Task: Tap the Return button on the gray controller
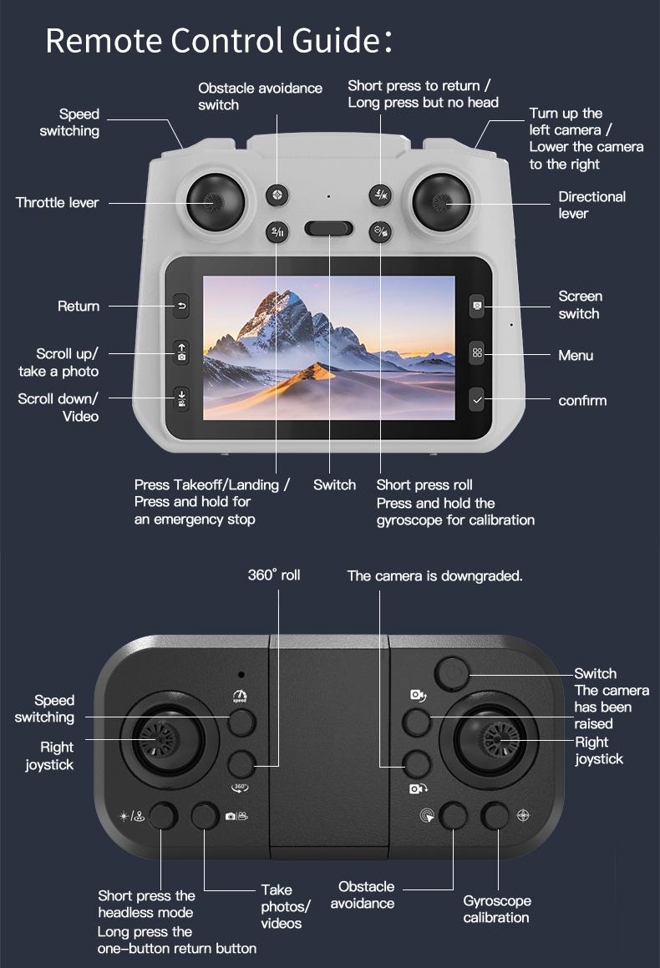pos(182,307)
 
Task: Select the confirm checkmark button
pos(477,400)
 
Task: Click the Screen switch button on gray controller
pos(477,306)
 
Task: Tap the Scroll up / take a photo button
pos(182,352)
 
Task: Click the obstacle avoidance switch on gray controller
pos(277,195)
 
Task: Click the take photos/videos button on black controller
pos(206,815)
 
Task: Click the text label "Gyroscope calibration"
pos(496,909)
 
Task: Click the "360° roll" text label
pos(273,575)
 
